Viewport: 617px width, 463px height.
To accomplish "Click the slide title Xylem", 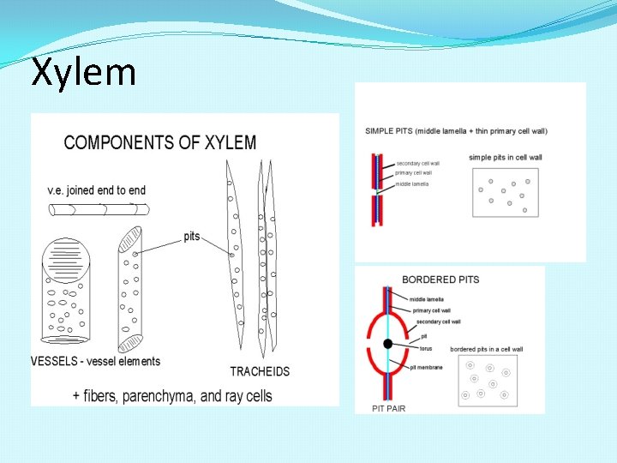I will [x=83, y=72].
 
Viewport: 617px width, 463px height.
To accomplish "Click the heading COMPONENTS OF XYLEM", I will [x=160, y=142].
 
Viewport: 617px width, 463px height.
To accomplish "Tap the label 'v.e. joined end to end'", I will [x=97, y=190].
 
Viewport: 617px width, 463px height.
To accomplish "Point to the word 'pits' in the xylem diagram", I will [x=192, y=237].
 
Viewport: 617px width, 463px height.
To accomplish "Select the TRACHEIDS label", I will [x=260, y=371].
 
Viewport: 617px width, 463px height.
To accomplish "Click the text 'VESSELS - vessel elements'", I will [x=95, y=361].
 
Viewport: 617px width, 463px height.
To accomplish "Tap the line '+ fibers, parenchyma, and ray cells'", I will [x=172, y=396].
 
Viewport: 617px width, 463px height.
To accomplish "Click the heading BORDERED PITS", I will [x=440, y=280].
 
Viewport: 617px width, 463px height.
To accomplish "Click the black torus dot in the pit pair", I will [x=388, y=344].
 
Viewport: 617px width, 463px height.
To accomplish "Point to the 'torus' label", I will [x=425, y=349].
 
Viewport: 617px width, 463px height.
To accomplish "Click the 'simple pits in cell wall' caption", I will [x=506, y=157].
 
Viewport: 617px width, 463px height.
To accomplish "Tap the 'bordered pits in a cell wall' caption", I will [x=486, y=349].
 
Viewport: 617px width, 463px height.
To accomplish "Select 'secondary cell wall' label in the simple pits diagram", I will [x=418, y=164].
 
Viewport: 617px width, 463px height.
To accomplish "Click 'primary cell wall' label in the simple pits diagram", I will [x=415, y=173].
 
